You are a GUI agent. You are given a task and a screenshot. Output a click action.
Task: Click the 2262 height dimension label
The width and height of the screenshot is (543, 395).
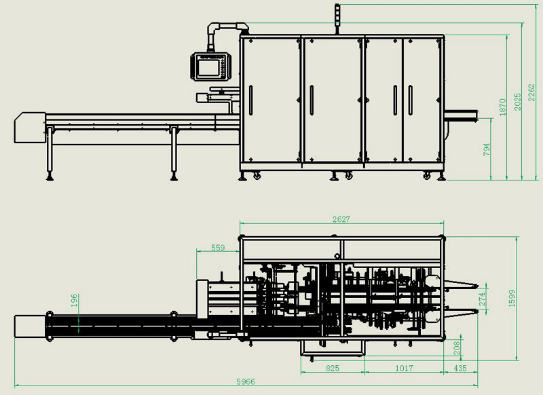531,93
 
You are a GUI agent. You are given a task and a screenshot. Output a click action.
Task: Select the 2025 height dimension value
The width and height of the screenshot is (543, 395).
517,102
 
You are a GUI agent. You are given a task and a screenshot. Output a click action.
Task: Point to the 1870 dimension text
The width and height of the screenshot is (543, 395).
502,107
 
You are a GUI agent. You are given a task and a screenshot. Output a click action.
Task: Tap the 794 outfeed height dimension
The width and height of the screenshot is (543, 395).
487,149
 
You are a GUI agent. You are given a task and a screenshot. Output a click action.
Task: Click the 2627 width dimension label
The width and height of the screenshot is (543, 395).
341,219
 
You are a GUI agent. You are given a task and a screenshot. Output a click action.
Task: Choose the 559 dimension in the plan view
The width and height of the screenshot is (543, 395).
218,248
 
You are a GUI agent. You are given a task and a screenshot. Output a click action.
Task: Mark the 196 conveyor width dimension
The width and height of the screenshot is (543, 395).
75,301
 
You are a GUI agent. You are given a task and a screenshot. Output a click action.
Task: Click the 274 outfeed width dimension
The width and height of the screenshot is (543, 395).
482,299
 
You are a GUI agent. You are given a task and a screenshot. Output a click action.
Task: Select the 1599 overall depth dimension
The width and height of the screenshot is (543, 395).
512,298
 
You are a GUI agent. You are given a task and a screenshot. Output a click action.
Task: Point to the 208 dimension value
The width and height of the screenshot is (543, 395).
456,348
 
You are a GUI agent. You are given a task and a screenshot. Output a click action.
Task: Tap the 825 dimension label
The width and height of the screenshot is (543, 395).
333,368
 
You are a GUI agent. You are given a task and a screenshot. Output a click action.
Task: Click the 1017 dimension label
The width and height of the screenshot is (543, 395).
404,368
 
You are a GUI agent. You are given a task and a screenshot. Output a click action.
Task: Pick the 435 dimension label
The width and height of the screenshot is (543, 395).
460,368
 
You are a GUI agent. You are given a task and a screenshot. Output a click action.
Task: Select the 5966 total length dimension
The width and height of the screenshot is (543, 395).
246,381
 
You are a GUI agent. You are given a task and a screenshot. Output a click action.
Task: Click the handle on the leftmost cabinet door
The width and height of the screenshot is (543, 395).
250,100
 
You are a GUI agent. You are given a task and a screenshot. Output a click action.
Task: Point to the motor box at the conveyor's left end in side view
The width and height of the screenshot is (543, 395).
29,128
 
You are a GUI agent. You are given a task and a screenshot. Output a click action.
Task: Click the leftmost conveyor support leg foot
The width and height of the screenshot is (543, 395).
50,178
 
